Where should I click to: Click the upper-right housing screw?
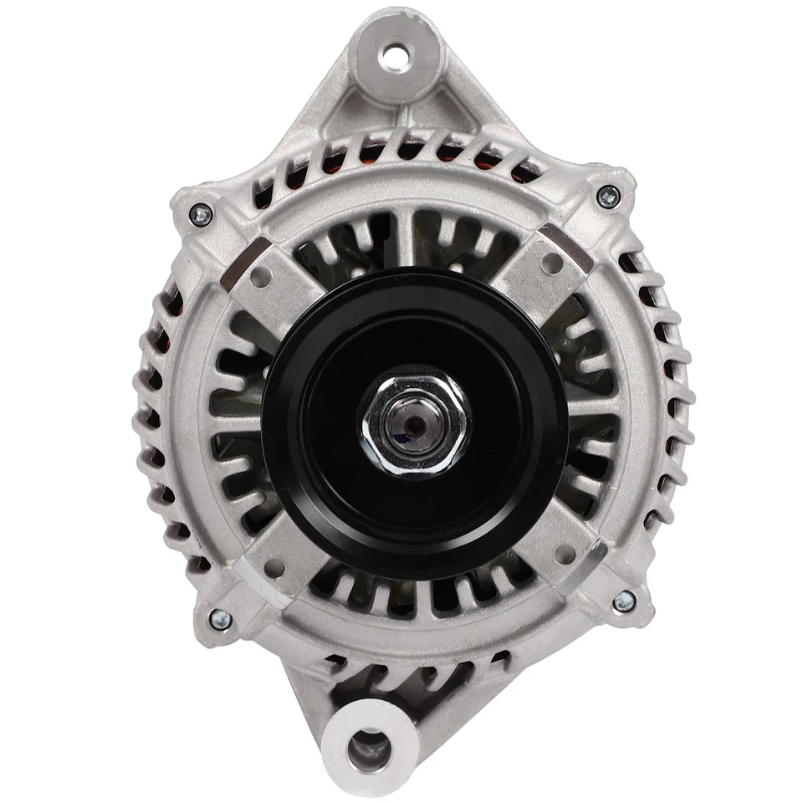[609, 197]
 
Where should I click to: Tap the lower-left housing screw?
[219, 619]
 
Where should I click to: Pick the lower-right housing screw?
[623, 601]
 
